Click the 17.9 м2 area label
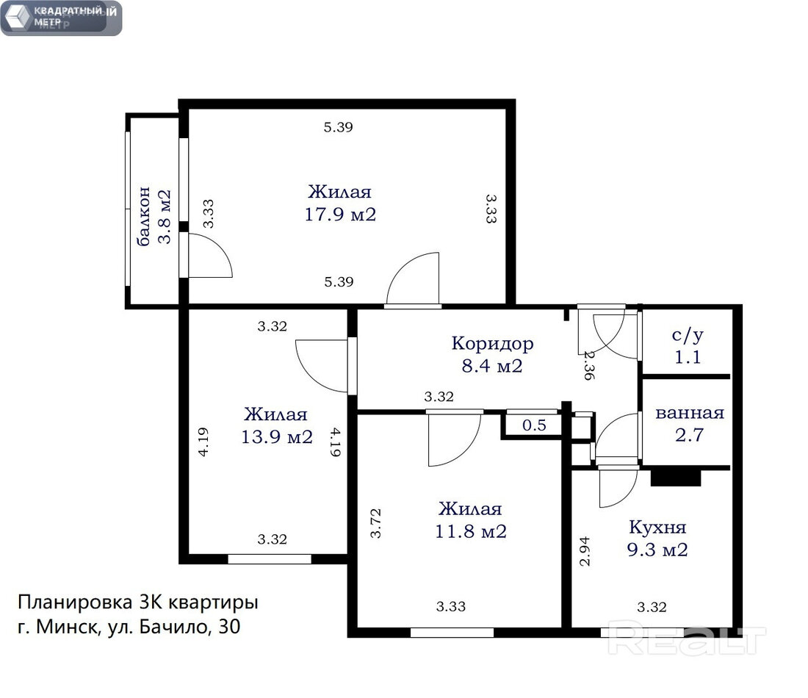(340, 214)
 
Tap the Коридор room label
(493, 344)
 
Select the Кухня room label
(657, 527)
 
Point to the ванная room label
(690, 413)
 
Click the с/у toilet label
(688, 336)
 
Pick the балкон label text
(144, 217)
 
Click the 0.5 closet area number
(534, 425)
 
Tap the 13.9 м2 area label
(277, 437)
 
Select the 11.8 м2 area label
(471, 531)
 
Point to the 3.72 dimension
(376, 523)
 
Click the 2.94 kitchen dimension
(585, 551)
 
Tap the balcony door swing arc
(223, 248)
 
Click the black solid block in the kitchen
(676, 477)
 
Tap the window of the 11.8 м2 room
(452, 633)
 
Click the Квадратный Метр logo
(61, 18)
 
